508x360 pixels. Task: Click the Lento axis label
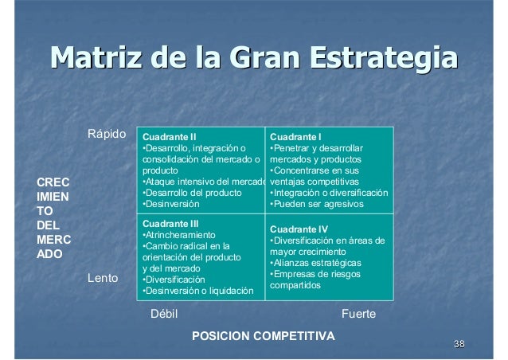(102, 279)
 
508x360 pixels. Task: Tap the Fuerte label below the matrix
(358, 315)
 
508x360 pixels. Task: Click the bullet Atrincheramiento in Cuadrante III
(179, 236)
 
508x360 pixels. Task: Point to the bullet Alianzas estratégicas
(315, 263)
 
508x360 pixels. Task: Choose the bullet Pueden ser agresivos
(317, 204)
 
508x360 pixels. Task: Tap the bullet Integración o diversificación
(330, 193)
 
